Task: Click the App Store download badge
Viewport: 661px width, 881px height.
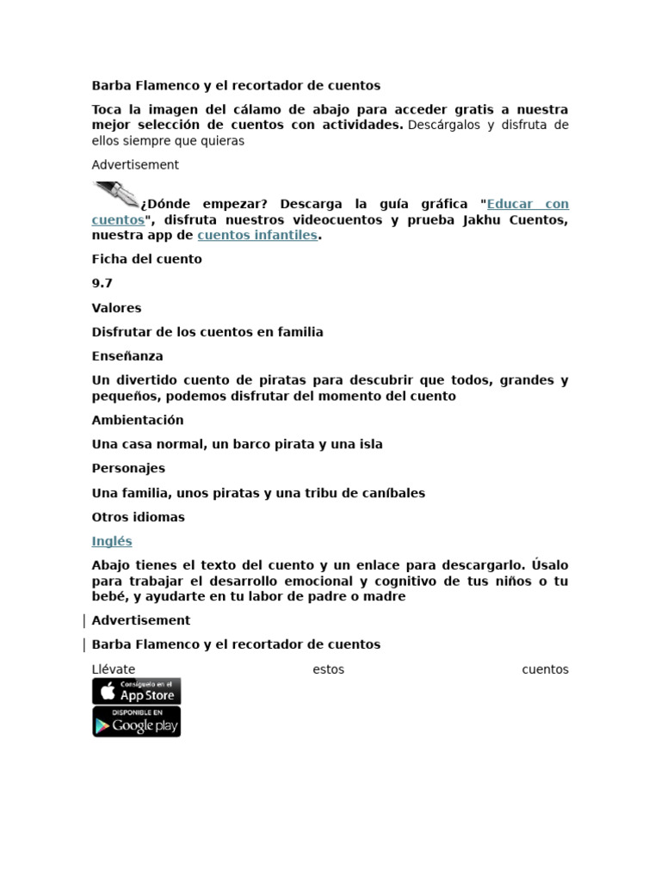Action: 137,691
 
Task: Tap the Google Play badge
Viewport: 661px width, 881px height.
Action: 137,723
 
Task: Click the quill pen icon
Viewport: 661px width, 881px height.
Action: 116,195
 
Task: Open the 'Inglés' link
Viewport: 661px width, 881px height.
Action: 112,541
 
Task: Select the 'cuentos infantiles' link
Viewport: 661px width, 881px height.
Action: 256,235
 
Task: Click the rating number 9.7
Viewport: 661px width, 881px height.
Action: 102,283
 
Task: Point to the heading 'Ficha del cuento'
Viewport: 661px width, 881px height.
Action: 146,259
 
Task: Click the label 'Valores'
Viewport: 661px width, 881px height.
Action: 116,307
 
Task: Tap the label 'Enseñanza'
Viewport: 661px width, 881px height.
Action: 127,355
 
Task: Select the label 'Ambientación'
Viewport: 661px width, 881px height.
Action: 138,420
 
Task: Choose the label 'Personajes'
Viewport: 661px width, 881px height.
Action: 128,468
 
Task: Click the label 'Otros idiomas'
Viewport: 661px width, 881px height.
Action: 138,517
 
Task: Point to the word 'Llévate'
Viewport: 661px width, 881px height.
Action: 114,668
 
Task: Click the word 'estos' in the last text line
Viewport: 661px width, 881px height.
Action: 329,668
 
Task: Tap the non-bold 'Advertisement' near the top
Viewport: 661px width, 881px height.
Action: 135,164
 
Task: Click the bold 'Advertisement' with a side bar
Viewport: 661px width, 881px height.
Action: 141,619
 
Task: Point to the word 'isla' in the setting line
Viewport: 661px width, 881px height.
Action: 370,444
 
